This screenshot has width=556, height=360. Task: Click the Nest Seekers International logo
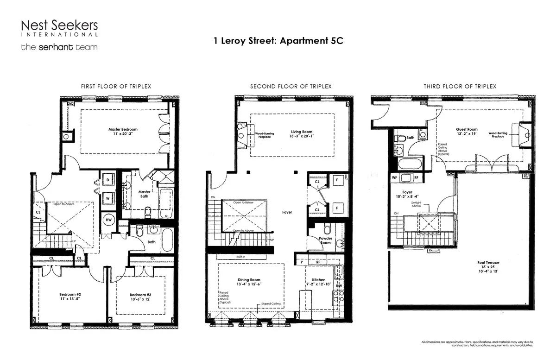(59, 28)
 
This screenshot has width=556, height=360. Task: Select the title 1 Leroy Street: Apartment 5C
(278, 40)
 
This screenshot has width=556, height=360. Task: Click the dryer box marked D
(107, 179)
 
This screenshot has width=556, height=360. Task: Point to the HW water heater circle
(109, 220)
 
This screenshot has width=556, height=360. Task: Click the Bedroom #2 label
(70, 294)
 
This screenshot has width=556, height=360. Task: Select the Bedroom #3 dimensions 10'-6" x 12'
(140, 299)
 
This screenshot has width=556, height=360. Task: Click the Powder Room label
(326, 240)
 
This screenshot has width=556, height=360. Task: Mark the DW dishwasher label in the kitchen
(339, 286)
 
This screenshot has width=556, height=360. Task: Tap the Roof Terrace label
(488, 263)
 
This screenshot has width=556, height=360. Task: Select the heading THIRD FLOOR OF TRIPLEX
(460, 87)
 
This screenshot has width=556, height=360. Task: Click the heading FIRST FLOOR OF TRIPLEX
(116, 87)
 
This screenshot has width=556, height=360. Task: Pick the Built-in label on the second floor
(240, 256)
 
